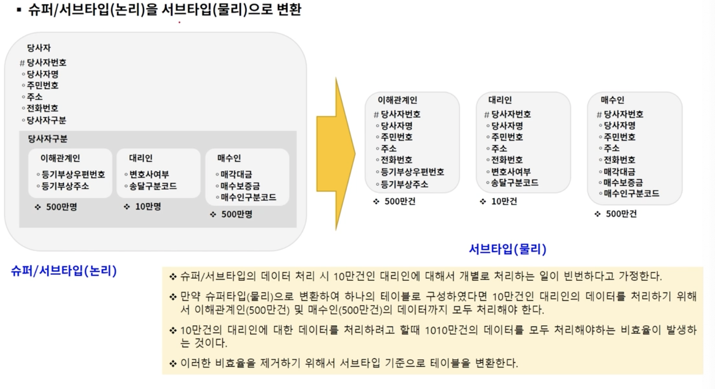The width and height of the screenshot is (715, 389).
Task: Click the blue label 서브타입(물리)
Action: (507, 250)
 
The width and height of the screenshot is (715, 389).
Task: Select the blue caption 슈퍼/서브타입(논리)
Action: (64, 271)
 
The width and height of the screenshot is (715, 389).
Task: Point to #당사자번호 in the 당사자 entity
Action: (44, 63)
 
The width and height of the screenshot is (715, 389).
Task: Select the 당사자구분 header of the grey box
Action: (47, 139)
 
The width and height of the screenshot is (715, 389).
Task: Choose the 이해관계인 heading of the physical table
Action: (397, 100)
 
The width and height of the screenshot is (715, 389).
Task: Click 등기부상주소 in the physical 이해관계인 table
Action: (404, 184)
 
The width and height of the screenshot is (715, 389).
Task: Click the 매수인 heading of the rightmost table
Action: (613, 100)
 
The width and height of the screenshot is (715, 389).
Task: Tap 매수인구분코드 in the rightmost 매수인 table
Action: (632, 193)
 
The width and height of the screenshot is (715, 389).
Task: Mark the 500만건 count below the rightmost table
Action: (621, 214)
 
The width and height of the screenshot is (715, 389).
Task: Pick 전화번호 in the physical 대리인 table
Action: (507, 159)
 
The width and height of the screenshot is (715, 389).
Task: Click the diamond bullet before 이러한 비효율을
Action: (173, 363)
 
